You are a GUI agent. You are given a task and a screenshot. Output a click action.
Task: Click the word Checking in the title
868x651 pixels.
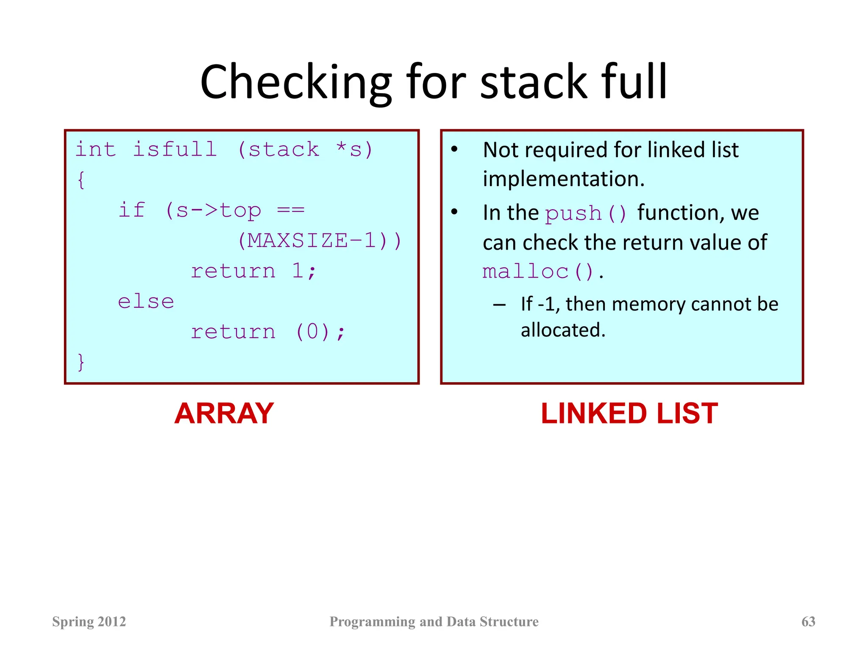tap(295, 83)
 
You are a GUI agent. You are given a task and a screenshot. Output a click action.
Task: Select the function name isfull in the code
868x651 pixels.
tap(175, 150)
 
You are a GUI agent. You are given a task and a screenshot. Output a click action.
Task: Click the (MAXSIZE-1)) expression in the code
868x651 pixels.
tap(319, 241)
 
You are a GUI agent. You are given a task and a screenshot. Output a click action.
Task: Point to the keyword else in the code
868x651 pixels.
tap(146, 302)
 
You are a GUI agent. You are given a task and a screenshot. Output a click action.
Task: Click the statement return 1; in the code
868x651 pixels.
tap(253, 271)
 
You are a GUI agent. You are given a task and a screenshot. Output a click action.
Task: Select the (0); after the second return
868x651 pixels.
tap(320, 332)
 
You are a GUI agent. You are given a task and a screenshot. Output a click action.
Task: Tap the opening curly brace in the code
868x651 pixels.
tap(81, 180)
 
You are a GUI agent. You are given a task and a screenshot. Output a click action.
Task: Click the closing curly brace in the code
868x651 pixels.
tap(81, 362)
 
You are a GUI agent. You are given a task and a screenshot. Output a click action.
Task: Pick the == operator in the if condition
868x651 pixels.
tap(290, 210)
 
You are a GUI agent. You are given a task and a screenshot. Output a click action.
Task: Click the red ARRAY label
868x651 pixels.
tap(224, 414)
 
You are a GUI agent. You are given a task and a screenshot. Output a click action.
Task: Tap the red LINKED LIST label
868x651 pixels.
tap(629, 414)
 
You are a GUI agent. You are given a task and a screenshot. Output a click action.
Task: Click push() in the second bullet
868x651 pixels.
tap(585, 214)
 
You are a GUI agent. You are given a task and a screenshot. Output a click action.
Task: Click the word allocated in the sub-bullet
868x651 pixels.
tap(562, 330)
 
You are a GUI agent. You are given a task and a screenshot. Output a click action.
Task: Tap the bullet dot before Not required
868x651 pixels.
tap(454, 150)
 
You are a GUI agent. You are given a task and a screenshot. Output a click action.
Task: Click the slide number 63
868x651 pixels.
tap(808, 622)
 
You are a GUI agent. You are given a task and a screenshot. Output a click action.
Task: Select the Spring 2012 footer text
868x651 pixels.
tap(89, 622)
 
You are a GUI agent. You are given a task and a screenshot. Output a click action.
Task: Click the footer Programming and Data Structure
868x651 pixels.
tap(434, 622)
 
